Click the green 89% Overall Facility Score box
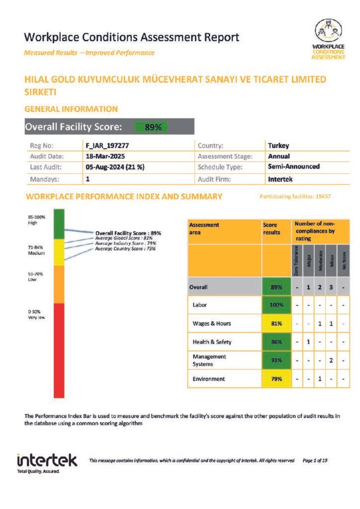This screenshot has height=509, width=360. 152,127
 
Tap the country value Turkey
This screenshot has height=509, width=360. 278,146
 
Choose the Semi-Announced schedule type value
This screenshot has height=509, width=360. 293,167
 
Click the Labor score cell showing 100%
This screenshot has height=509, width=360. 276,305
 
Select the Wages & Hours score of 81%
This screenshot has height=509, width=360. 276,324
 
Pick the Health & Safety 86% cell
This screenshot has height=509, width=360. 276,342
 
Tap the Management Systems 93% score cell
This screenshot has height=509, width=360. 276,360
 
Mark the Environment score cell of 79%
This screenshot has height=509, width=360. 276,379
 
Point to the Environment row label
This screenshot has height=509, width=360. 209,379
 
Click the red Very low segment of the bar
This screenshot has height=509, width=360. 59,350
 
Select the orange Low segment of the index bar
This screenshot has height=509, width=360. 59,284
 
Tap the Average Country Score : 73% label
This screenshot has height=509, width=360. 125,249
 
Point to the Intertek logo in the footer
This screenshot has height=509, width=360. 47,462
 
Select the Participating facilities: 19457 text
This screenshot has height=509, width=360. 295,197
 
